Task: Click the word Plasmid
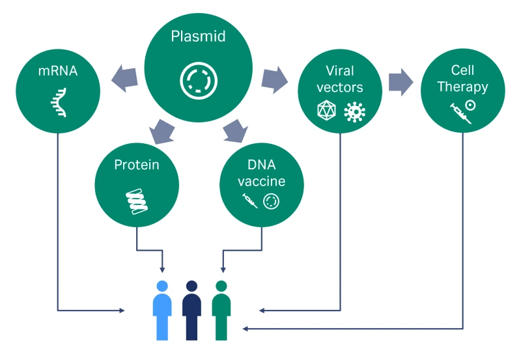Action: (198, 37)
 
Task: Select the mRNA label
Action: (57, 70)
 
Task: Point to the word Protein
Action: (137, 165)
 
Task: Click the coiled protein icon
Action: (137, 201)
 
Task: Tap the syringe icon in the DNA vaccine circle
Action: (249, 201)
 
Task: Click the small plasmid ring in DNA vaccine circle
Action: (271, 201)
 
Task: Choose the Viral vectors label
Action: (339, 78)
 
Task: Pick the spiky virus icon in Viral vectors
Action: (354, 111)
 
